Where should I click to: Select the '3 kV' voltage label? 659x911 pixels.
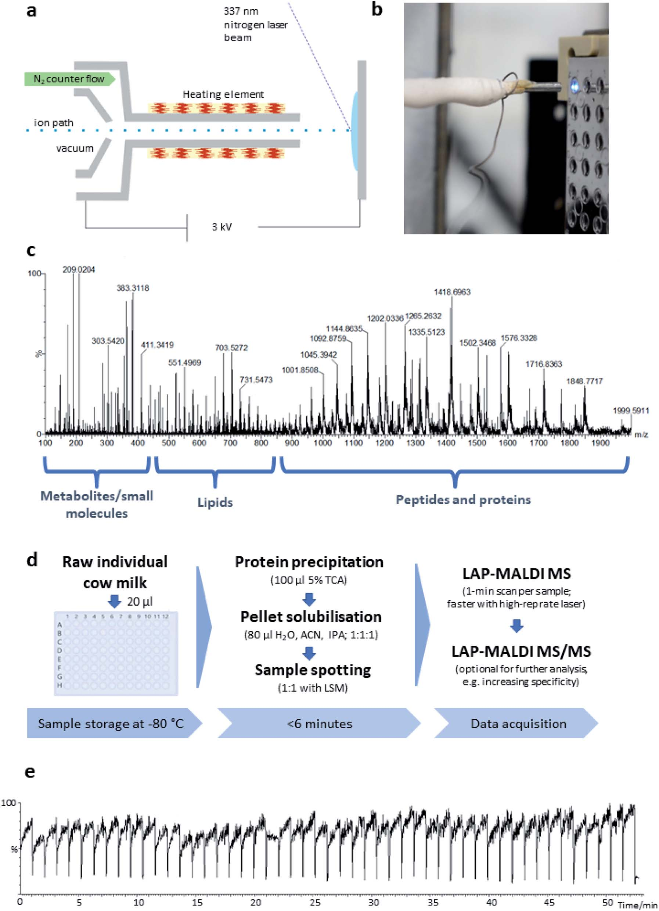[x=222, y=227]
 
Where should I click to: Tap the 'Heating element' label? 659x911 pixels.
[x=223, y=94]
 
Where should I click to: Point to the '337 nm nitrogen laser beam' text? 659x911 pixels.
[x=255, y=25]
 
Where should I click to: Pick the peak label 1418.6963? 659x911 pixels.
[x=452, y=292]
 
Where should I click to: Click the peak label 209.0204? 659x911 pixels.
[x=79, y=269]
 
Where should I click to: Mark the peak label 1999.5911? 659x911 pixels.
[x=631, y=411]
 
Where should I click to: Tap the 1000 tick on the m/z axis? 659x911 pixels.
[x=323, y=443]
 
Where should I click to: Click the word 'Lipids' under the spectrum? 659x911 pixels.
[x=215, y=502]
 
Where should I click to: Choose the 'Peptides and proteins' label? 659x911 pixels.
[x=463, y=500]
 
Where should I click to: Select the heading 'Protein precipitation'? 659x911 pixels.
[x=309, y=562]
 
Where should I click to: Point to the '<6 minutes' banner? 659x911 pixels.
[x=319, y=724]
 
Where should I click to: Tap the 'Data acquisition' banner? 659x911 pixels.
[x=518, y=724]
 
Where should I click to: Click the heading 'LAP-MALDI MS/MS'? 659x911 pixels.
[x=521, y=651]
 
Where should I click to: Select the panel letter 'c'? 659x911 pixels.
[x=30, y=251]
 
